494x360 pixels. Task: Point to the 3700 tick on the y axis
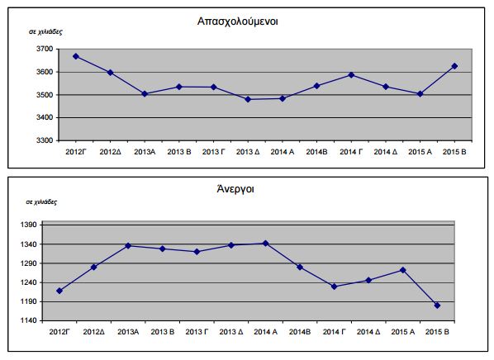tap(45, 49)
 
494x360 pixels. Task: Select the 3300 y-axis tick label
tap(45, 140)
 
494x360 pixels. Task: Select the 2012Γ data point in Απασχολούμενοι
tap(75, 56)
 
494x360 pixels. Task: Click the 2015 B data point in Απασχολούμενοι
tap(455, 66)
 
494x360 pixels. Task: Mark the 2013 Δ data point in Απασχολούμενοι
tap(249, 99)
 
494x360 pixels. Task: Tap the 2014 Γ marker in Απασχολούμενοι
tap(352, 75)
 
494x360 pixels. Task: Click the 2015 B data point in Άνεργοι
tap(437, 306)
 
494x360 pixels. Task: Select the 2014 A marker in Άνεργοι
tap(265, 243)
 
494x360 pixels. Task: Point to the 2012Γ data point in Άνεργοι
tap(59, 291)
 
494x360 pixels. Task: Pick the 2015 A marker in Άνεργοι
tap(402, 270)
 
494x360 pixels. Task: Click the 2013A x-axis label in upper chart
tap(145, 152)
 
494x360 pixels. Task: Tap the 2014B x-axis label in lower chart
tap(299, 331)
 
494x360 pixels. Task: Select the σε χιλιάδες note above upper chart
tap(45, 31)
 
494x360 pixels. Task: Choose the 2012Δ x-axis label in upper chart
tap(110, 152)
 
